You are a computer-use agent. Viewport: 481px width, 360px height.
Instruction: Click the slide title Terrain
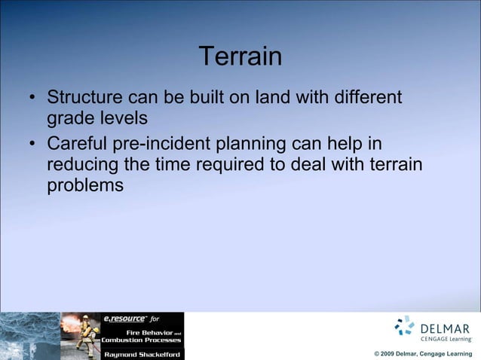click(x=240, y=56)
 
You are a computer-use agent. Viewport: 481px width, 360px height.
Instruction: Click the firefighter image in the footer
click(x=80, y=336)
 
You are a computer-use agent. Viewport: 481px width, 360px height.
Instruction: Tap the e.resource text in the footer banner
click(x=124, y=319)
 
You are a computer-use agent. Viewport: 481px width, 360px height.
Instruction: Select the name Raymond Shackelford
click(x=142, y=353)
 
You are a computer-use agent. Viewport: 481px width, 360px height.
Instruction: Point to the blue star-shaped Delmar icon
click(x=405, y=325)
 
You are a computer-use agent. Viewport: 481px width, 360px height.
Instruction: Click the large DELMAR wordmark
click(x=445, y=328)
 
